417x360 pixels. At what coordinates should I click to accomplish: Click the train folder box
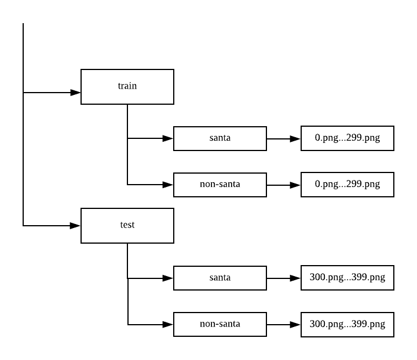(127, 87)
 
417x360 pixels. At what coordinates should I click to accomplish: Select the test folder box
(127, 226)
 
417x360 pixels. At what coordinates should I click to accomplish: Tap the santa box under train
(220, 138)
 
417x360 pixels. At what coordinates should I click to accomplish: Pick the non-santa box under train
(220, 185)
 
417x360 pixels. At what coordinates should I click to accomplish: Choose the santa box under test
(220, 278)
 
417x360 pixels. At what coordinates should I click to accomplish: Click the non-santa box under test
(220, 324)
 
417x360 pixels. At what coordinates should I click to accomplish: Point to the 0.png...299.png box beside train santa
(348, 138)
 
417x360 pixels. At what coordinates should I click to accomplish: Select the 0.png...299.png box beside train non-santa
(348, 185)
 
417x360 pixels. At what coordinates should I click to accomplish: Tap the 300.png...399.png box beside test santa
(348, 278)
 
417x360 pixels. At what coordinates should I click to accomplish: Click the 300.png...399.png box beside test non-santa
(348, 324)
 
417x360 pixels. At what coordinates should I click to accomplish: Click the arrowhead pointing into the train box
(75, 92)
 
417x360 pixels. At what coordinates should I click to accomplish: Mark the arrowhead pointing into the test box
(75, 225)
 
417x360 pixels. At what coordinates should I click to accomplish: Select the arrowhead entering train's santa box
(168, 138)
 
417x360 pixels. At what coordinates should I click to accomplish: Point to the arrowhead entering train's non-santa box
(168, 185)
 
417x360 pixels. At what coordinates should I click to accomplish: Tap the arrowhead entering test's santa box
(168, 278)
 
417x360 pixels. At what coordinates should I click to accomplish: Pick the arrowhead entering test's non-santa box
(168, 324)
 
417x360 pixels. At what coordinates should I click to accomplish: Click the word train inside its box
(127, 86)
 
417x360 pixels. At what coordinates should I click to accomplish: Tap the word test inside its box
(127, 225)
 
